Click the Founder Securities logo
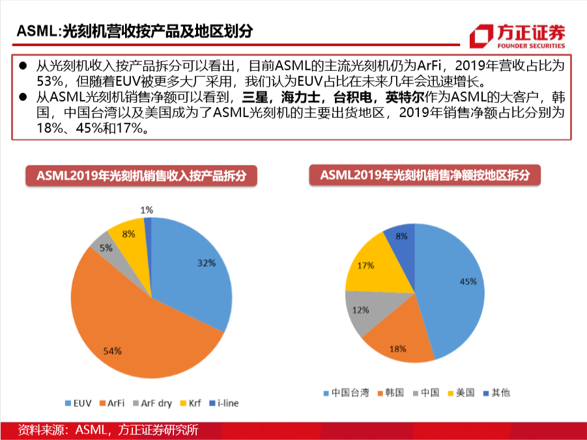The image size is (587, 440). tap(517, 36)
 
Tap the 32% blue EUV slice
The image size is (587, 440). tap(191, 269)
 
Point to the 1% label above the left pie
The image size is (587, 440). tap(147, 210)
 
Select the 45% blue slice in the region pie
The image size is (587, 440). tap(453, 288)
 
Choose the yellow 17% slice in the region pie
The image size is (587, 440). tap(371, 266)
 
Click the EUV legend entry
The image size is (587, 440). tap(78, 404)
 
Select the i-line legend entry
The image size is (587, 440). tap(223, 404)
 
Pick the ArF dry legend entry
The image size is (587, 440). tap(152, 404)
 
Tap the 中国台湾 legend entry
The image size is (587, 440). tap(347, 393)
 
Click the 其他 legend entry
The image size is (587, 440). tap(497, 392)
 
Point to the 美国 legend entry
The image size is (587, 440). tap(461, 392)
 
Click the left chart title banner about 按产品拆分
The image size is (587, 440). tap(141, 176)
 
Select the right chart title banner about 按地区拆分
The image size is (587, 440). tap(425, 174)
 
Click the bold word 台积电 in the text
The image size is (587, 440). tap(352, 97)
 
